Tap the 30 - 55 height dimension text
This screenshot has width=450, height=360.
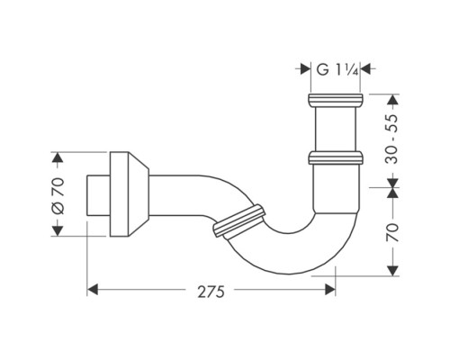[x=389, y=136]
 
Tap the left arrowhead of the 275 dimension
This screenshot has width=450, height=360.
[x=93, y=290]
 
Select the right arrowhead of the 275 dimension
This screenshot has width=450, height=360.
[x=330, y=290]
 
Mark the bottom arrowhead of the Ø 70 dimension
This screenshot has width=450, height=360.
[x=58, y=229]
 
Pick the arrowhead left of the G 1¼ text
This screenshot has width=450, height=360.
[x=303, y=68]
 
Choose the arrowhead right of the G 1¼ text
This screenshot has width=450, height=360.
[x=369, y=68]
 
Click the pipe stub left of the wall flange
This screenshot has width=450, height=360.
[x=97, y=194]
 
